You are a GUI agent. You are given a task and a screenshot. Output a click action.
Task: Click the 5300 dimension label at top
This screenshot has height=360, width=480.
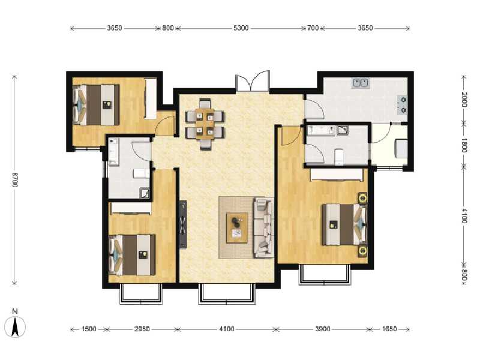pyautogui.click(x=241, y=28)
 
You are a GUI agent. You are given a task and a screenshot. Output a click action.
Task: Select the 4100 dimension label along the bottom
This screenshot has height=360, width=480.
pyautogui.click(x=227, y=329)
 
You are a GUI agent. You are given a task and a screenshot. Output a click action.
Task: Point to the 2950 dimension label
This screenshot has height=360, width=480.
pyautogui.click(x=142, y=329)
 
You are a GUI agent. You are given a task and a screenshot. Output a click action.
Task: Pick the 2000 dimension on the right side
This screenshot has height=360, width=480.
pyautogui.click(x=464, y=100)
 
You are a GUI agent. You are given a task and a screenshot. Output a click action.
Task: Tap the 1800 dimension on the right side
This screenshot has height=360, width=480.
pyautogui.click(x=464, y=146)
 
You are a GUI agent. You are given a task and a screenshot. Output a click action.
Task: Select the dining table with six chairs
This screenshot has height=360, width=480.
pyautogui.click(x=205, y=122)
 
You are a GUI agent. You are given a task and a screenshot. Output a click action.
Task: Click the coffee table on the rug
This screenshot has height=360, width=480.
pyautogui.click(x=238, y=227)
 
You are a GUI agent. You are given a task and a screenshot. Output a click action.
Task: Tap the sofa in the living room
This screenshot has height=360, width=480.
pyautogui.click(x=264, y=228)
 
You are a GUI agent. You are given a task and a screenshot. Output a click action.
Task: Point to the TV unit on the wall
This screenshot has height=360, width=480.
pyautogui.click(x=182, y=224)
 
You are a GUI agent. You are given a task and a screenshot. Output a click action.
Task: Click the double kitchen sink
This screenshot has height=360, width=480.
pyautogui.click(x=361, y=82)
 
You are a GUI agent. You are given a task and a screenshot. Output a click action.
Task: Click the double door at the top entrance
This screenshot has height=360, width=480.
pyautogui.click(x=253, y=82)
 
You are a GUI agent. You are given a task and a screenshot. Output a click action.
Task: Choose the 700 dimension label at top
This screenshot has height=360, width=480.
pyautogui.click(x=313, y=28)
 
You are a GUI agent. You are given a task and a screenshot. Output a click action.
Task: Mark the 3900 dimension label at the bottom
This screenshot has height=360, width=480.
pyautogui.click(x=323, y=329)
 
